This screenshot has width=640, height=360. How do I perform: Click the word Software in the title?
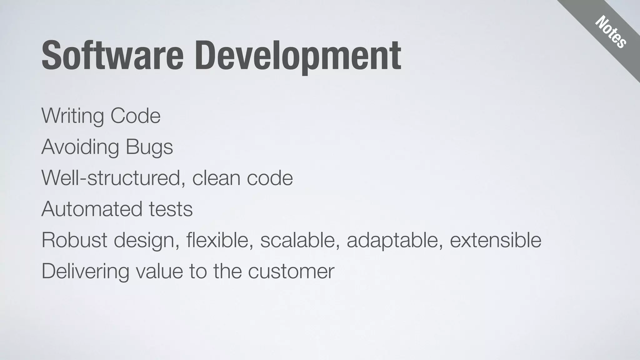(x=112, y=56)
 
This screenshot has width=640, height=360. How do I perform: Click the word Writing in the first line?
(x=72, y=116)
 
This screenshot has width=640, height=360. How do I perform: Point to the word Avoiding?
(x=80, y=147)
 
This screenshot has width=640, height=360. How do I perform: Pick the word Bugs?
(x=149, y=147)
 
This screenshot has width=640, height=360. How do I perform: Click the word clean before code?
(x=216, y=178)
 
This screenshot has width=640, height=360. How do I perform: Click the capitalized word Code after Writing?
(x=135, y=116)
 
